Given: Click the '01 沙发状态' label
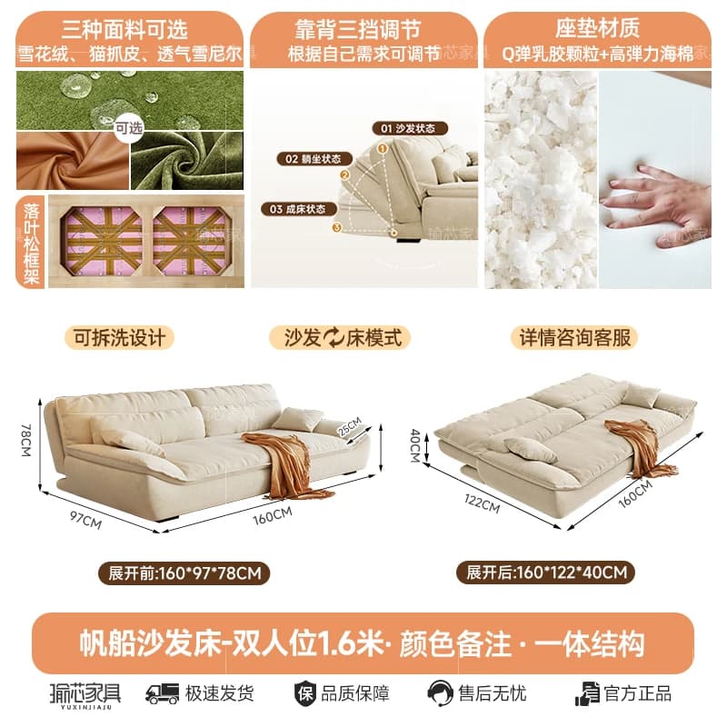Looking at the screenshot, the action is tap(410, 128).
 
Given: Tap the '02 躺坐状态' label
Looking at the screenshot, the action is tap(314, 158).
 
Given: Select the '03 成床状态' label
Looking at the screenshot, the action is tap(299, 209).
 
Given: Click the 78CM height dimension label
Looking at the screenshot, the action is tap(26, 440).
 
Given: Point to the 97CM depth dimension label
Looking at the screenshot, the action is tap(85, 520).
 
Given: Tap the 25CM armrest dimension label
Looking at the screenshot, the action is tap(349, 427).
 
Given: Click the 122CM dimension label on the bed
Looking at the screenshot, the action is tap(483, 504).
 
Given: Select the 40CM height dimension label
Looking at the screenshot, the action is tap(415, 445).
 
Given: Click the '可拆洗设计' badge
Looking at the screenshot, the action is tap(119, 337).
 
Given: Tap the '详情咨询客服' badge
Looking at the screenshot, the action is tap(575, 337).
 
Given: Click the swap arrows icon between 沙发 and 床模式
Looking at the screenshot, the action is tap(333, 337).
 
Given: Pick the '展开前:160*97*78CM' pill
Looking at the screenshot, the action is tap(184, 573).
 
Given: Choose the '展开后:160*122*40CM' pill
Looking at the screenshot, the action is tap(546, 573).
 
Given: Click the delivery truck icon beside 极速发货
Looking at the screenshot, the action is tap(162, 694).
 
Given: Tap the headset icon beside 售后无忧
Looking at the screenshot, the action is tap(440, 693).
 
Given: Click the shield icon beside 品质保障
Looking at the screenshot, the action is tap(305, 694).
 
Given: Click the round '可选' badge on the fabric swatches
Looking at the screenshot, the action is tap(128, 128).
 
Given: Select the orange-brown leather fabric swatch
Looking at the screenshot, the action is tap(73, 161).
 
